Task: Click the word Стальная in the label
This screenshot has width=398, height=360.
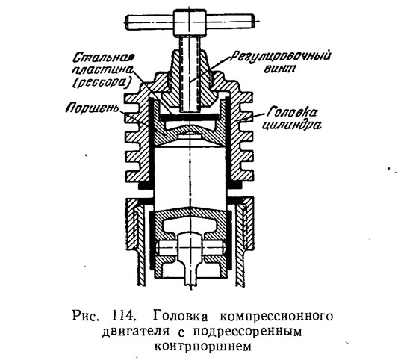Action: [103, 58]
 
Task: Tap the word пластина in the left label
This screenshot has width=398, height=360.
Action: [102, 69]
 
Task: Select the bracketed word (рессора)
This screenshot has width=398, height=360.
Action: [102, 82]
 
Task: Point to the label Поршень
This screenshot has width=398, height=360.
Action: [93, 108]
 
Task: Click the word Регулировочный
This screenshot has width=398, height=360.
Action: [281, 57]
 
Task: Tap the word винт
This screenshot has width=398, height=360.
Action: [279, 69]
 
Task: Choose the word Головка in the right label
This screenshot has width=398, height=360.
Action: [293, 112]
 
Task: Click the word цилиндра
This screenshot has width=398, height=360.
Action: [291, 125]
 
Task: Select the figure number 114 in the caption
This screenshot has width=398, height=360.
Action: [122, 317]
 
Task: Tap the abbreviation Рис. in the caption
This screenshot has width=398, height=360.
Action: [84, 317]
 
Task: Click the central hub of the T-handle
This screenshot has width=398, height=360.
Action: [189, 22]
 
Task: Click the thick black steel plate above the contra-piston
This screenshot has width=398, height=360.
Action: [190, 117]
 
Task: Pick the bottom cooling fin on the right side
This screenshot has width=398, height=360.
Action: [246, 176]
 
